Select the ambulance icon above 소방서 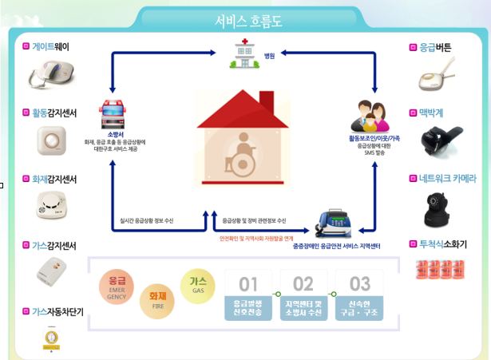[x=113, y=111]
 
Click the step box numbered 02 [x=304, y=295]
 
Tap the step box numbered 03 [x=359, y=295]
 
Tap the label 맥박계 [x=430, y=113]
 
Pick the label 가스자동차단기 [x=58, y=311]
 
